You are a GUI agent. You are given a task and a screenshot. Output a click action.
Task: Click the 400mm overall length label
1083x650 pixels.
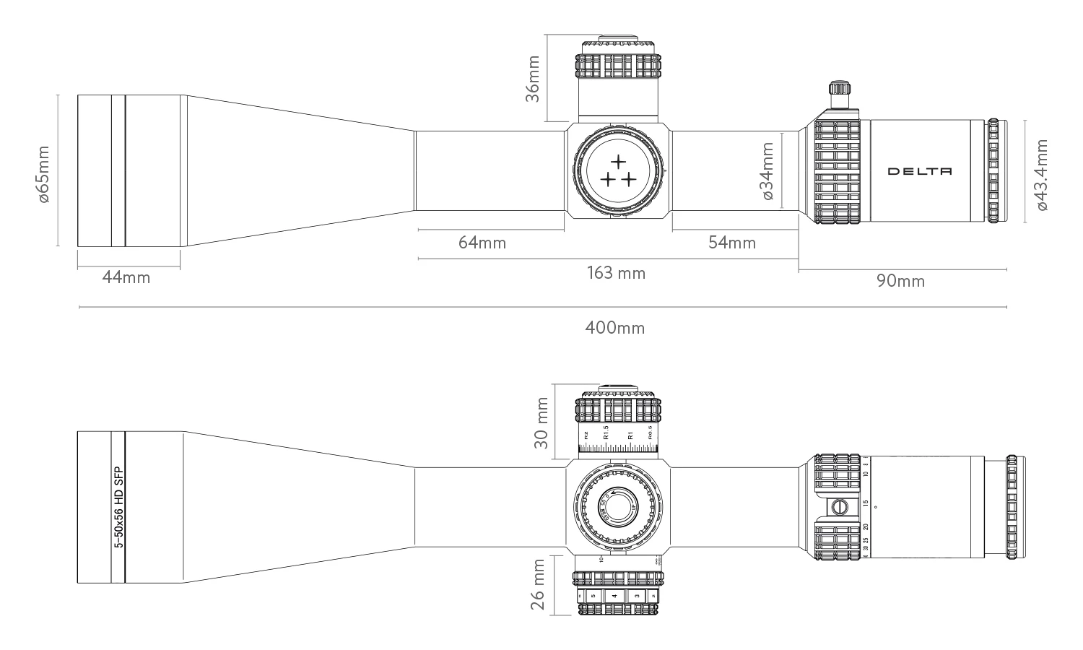click(614, 328)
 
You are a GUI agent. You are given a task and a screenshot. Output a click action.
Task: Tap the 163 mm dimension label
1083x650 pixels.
click(616, 273)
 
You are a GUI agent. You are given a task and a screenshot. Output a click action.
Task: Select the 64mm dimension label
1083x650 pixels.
click(482, 243)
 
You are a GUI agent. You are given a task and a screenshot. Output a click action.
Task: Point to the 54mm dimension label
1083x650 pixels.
click(732, 243)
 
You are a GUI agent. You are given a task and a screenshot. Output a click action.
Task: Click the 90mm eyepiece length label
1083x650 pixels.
click(900, 281)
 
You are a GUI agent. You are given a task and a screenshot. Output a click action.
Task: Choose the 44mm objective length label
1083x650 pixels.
click(126, 277)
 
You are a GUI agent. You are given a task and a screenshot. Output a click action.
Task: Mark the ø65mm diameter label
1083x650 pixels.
click(43, 174)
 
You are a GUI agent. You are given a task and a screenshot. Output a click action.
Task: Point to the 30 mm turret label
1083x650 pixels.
click(540, 422)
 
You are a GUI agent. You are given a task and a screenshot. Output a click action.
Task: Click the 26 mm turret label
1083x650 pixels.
click(539, 584)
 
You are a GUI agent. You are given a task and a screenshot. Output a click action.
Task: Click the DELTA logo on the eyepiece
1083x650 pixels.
click(919, 171)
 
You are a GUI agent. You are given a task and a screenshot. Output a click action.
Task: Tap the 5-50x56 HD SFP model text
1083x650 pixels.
click(119, 506)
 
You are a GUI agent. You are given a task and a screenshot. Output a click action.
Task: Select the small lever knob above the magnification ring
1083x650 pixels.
click(838, 92)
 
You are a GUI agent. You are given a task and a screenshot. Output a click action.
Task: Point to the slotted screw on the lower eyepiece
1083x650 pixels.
click(840, 506)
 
